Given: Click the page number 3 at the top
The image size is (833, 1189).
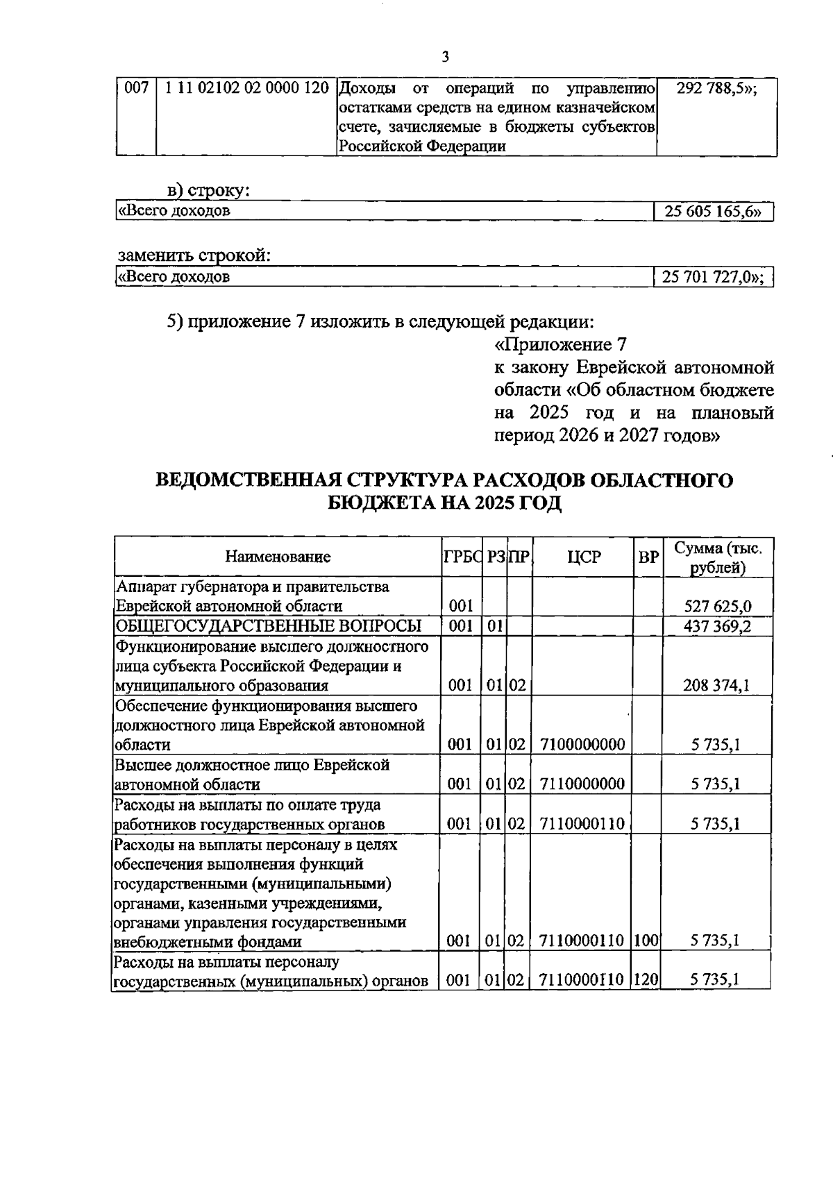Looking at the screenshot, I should pos(445,58).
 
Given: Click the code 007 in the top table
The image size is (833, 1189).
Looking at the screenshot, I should pos(136,89).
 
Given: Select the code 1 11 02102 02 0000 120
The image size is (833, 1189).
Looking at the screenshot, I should pos(246,89).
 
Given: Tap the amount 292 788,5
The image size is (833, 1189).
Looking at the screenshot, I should pos(716,89).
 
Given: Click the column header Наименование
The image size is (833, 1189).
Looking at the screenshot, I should pos(278,557).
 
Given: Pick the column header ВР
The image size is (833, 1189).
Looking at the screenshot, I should pos(648,557).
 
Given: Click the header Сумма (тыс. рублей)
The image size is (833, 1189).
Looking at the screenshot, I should pos(718,557).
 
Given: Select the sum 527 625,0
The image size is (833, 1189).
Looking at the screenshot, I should pos(717,607).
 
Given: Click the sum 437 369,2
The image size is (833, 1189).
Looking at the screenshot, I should pos(717,627).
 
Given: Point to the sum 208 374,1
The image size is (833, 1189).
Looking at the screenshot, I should pos(717,686).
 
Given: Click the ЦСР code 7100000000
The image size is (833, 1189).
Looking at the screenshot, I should pos(582,745).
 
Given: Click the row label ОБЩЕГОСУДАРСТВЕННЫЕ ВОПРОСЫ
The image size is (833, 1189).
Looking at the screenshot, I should pos(268,627).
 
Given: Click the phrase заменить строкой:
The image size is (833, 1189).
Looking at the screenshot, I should pos(194,255).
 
